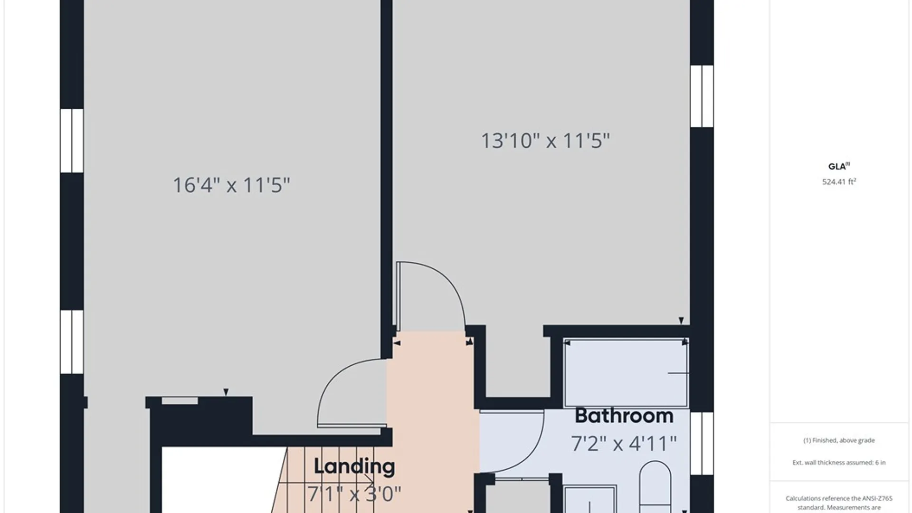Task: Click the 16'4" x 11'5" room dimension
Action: (x=231, y=185)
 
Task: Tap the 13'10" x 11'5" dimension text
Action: (x=545, y=141)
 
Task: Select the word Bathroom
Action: (x=624, y=416)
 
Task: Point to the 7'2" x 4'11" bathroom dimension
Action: (x=624, y=443)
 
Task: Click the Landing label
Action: (x=354, y=467)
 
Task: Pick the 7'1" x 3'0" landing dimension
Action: (x=354, y=494)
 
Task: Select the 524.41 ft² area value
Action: (x=839, y=181)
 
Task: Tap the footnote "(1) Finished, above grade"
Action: (x=839, y=440)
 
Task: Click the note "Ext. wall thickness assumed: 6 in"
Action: (x=839, y=462)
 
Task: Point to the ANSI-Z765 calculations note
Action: (x=839, y=503)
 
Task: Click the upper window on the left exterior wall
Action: (x=72, y=141)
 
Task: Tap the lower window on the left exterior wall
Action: (x=72, y=342)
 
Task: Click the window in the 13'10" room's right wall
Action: (x=702, y=96)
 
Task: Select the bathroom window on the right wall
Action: (x=702, y=444)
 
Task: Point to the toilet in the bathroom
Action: (x=655, y=487)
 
